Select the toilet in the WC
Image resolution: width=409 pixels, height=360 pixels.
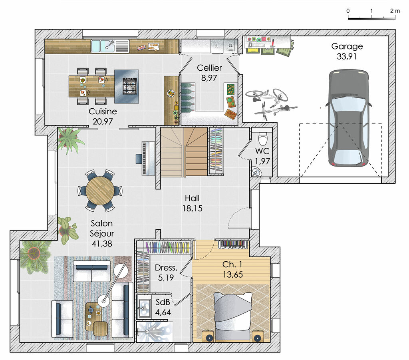[263, 139]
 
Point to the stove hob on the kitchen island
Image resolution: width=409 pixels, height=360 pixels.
[130, 86]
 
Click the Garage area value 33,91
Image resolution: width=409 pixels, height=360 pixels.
[347, 56]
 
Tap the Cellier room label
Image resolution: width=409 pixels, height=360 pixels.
[209, 68]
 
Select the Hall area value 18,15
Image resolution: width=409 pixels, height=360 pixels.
[192, 208]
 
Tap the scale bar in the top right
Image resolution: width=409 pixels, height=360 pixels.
[371, 18]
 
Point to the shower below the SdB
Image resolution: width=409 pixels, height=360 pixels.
[155, 331]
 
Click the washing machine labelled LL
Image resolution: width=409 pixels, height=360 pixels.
[216, 46]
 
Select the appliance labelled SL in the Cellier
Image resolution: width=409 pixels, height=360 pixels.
[231, 46]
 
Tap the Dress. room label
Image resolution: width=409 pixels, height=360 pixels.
[166, 268]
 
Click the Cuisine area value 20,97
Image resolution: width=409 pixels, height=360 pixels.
[103, 122]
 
